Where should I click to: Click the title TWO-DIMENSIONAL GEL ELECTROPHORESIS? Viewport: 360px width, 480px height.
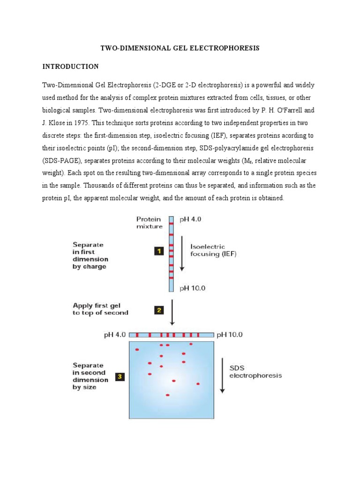(180, 48)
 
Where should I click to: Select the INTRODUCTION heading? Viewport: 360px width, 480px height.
(70, 67)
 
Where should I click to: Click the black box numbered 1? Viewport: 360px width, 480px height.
(159, 251)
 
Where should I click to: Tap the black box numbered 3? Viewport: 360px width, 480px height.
(120, 376)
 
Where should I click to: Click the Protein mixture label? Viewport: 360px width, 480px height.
(149, 222)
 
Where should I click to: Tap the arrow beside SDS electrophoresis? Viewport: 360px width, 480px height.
(222, 375)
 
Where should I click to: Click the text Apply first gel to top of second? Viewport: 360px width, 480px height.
(100, 309)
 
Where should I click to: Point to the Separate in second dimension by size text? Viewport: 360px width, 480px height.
(90, 376)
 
